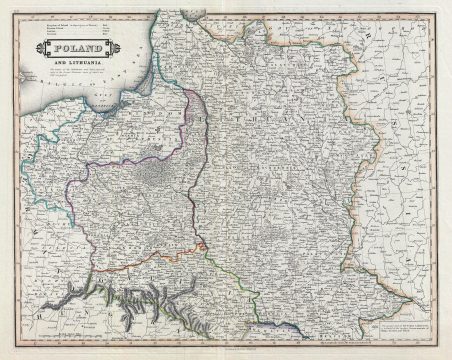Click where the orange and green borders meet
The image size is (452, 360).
pyautogui.click(x=202, y=246)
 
